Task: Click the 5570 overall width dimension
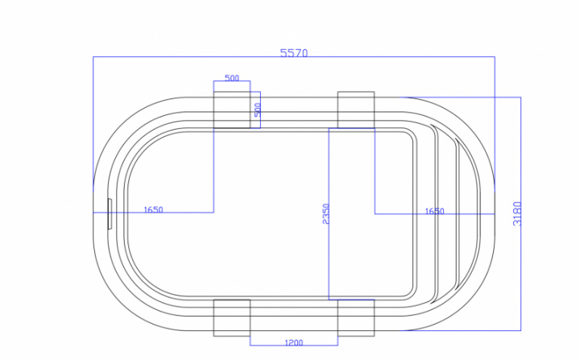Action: [294, 53]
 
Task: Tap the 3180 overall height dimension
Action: [517, 213]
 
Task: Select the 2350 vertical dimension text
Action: [325, 213]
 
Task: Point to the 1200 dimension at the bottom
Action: [294, 342]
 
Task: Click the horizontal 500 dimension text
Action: [232, 78]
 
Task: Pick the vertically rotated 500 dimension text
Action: [258, 110]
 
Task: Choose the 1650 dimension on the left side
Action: [153, 209]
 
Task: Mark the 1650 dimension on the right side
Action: [434, 211]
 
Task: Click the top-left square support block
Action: [232, 110]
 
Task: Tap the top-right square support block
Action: [356, 110]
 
